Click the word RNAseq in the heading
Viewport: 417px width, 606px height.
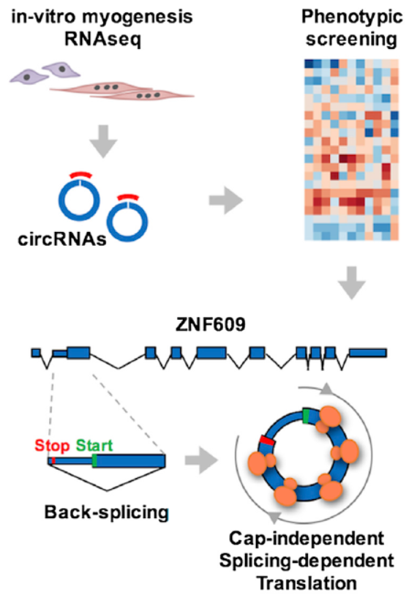point(103,39)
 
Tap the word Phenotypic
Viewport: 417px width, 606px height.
point(352,18)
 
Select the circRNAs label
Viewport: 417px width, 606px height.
point(62,239)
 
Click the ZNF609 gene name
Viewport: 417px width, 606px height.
point(211,324)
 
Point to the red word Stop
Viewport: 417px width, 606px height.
point(52,446)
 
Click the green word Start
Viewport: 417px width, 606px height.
point(94,445)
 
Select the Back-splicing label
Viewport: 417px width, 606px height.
point(107,512)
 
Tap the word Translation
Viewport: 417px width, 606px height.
point(307,583)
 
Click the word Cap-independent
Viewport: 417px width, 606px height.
point(307,539)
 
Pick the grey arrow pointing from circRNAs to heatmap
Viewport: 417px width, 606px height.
point(226,201)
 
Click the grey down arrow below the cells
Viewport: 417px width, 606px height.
point(103,141)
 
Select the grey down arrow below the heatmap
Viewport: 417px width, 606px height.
point(352,283)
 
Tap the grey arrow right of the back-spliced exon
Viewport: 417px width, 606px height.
point(201,460)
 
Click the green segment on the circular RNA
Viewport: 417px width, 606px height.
point(306,416)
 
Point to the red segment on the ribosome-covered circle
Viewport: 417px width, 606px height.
point(268,441)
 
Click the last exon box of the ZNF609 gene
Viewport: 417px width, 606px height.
point(368,353)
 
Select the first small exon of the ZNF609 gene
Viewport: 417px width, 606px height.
point(36,353)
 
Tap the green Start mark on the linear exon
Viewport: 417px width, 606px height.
point(94,461)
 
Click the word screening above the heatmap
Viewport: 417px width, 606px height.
point(351,40)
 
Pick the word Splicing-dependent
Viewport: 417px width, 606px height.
point(307,561)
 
